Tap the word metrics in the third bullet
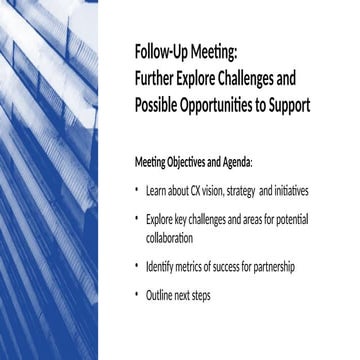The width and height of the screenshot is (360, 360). (191, 268)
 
